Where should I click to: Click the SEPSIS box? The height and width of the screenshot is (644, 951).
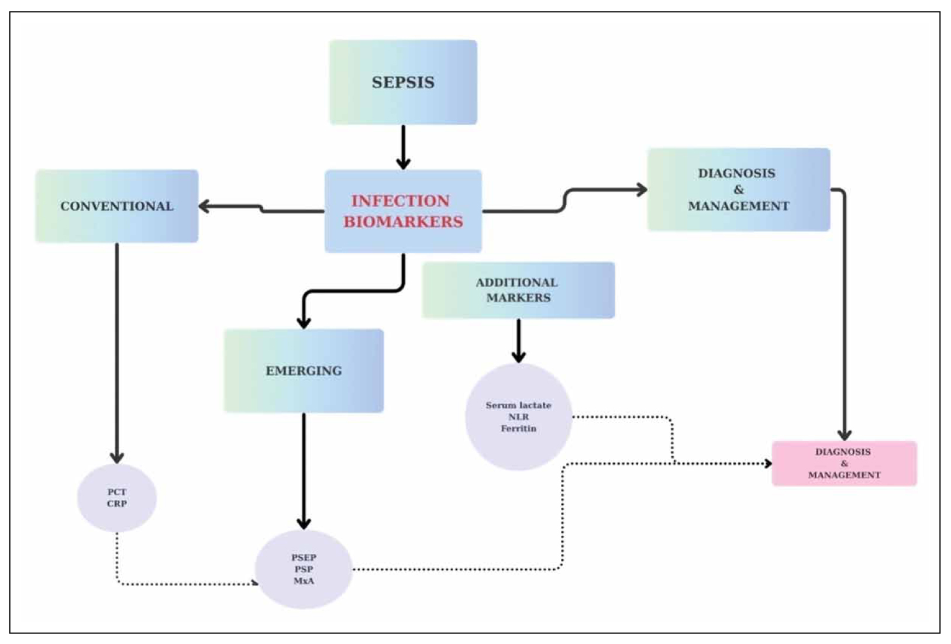coord(403,82)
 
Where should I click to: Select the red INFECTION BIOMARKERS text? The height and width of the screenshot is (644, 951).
coord(403,211)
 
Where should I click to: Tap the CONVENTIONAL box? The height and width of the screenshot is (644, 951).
coord(116,206)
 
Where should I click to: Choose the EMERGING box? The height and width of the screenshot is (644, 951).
coord(304,371)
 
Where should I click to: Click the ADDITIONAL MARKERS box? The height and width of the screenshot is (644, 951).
coord(518,290)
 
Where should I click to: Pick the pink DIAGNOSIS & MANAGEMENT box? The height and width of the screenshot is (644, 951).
coord(844,463)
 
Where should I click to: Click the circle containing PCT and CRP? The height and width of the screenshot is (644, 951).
coord(117,498)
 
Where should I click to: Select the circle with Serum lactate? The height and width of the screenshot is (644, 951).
coord(518,417)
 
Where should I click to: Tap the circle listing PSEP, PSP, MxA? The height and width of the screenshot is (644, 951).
coord(304,569)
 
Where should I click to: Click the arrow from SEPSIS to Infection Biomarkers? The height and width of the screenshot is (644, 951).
coord(403,146)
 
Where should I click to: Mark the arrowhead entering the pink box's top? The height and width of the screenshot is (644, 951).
coord(844,435)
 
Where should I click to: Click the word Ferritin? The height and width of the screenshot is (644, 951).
coord(518,429)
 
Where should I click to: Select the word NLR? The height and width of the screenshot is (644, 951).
coord(518,417)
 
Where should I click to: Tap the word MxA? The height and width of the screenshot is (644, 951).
coord(304,581)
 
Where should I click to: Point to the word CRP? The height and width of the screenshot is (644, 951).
coord(117,504)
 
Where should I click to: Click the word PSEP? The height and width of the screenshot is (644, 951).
coord(304,557)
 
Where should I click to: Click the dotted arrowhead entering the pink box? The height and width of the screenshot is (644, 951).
coord(768,463)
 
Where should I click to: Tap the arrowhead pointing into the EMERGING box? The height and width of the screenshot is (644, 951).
coord(304,322)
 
